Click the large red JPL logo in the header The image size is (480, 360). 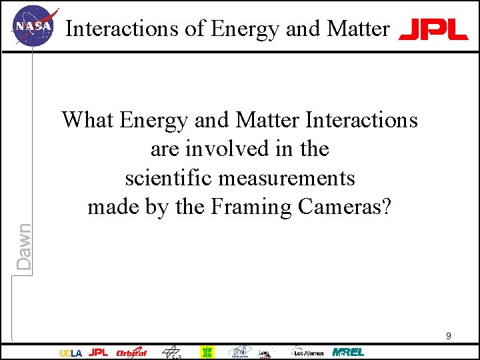click(433, 29)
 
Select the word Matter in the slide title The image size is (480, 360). click(358, 29)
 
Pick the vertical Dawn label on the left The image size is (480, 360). click(24, 246)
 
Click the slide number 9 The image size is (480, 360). click(448, 336)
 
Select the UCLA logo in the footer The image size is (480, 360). click(71, 353)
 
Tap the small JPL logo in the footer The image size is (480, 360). click(98, 352)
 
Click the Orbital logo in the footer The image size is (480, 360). click(131, 352)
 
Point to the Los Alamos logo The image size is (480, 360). click(307, 352)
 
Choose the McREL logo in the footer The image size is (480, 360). click(348, 351)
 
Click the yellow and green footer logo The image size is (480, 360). click(208, 352)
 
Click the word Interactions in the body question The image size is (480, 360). click(362, 120)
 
